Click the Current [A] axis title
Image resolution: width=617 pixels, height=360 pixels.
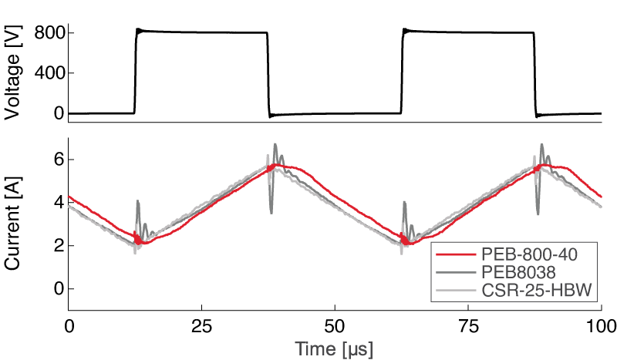point(12,224)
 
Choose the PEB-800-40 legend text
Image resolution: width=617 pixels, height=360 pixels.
point(531,255)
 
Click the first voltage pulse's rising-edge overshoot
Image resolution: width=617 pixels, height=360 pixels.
point(138,30)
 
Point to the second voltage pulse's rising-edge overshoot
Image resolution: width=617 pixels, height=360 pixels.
point(405,30)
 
